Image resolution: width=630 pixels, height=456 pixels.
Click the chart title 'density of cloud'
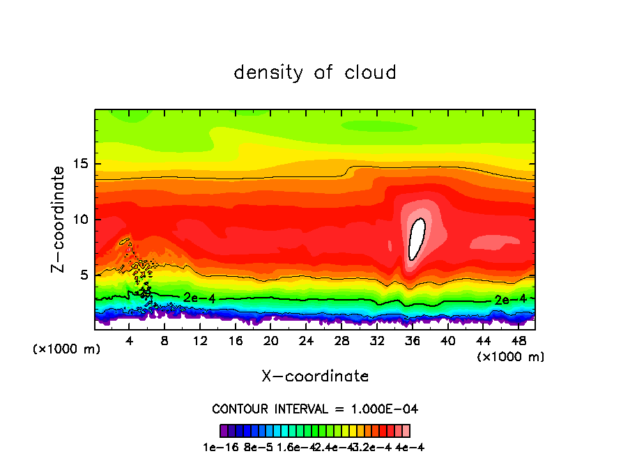[x=315, y=73]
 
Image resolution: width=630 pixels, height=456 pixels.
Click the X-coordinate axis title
[x=315, y=377]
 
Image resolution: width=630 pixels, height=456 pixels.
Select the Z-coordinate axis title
[x=61, y=219]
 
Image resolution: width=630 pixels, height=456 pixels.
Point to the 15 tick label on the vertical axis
[x=82, y=165]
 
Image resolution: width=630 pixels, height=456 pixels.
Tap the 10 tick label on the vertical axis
[x=82, y=220]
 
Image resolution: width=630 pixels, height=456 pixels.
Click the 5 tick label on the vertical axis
[x=85, y=275]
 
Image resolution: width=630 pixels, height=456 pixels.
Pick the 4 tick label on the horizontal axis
[x=130, y=342]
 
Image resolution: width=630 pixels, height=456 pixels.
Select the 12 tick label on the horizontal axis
[x=200, y=342]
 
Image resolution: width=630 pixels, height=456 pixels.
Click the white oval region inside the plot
[x=416, y=239]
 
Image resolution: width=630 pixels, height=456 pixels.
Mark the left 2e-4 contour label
[x=199, y=298]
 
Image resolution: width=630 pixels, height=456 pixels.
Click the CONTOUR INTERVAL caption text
[x=315, y=409]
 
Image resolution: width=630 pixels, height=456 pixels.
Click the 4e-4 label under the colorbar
[x=410, y=447]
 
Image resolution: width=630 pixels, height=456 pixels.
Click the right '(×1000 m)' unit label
[x=511, y=357]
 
